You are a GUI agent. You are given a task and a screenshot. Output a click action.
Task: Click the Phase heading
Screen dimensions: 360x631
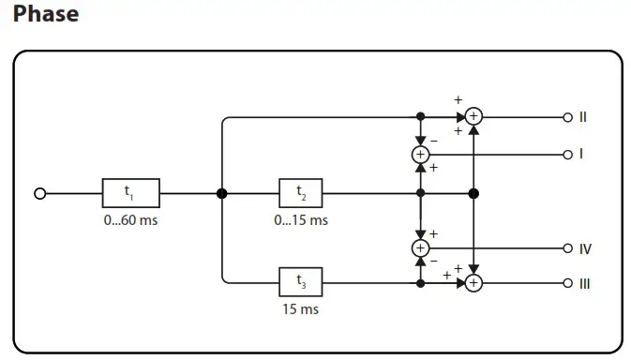[x=46, y=15]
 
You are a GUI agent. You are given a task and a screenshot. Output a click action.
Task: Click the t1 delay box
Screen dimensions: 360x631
[x=130, y=193]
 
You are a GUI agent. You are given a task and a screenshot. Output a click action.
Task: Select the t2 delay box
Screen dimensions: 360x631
[x=301, y=193]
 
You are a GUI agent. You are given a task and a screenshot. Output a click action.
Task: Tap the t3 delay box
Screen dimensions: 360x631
[x=301, y=281]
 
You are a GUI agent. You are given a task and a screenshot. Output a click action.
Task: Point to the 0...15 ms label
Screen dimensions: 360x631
[x=301, y=220]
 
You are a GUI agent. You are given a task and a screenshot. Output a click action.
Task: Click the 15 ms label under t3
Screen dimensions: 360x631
[x=301, y=308]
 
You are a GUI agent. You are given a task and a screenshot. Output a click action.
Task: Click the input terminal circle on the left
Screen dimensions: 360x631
[x=39, y=193]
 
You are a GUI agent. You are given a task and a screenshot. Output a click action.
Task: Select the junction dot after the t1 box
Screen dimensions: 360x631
[x=222, y=193]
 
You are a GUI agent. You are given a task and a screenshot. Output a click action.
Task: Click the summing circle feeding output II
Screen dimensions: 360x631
[x=474, y=116]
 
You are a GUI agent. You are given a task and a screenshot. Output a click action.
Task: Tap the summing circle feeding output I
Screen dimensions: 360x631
[x=420, y=153]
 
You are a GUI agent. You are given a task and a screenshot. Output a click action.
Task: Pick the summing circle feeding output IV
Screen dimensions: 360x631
[x=420, y=247]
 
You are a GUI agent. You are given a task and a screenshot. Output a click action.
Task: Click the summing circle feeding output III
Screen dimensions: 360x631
[x=474, y=282]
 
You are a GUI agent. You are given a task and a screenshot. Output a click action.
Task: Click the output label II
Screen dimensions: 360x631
[x=582, y=117]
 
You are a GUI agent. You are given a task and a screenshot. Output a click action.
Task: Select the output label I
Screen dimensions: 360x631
[x=580, y=153]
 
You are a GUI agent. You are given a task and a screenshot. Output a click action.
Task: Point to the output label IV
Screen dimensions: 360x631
[x=584, y=248]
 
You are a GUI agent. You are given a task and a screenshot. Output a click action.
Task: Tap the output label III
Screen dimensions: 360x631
[x=584, y=283]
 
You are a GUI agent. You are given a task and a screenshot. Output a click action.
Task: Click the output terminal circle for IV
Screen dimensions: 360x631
[x=566, y=248]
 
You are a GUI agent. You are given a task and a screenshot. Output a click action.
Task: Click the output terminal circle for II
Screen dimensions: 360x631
[x=566, y=117]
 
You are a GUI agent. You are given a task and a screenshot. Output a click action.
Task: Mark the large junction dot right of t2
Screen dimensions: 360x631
[x=474, y=193]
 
